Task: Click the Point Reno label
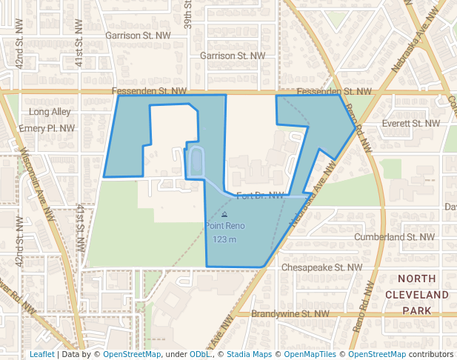[224, 226]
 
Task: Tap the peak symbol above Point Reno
[224, 215]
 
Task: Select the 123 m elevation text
[224, 239]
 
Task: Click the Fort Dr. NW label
[260, 196]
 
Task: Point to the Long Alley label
[49, 112]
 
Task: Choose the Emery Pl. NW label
[47, 128]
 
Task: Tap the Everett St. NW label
[411, 124]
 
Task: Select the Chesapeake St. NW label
[322, 267]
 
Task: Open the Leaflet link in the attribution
[41, 354]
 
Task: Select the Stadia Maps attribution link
[250, 354]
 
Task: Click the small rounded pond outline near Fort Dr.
[196, 162]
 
